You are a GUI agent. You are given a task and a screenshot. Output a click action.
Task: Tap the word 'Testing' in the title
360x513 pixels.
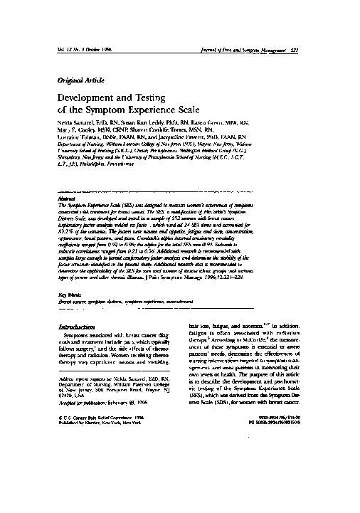(159, 100)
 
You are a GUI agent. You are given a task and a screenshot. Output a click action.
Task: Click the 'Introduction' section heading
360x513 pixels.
(78, 327)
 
